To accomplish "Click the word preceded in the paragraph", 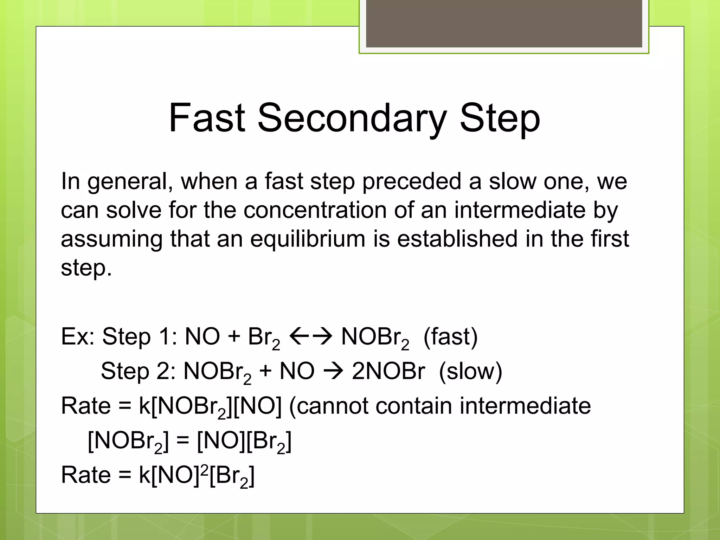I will click(x=411, y=182).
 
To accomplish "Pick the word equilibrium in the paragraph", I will click(x=308, y=239).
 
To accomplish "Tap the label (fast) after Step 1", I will click(x=450, y=337).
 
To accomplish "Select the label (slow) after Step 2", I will click(x=470, y=371).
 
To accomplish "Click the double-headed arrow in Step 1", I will click(x=310, y=336).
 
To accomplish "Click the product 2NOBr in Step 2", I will click(x=388, y=371).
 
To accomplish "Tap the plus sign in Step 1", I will click(x=234, y=337).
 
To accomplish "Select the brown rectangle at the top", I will click(x=504, y=24).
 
